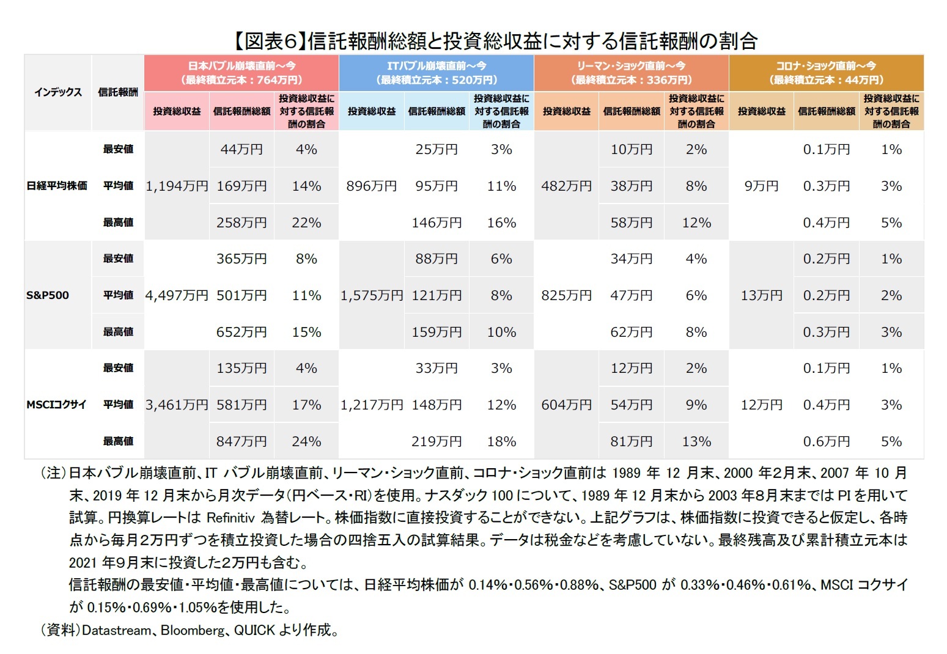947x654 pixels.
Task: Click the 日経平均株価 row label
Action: click(57, 186)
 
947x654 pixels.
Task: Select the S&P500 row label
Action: click(48, 295)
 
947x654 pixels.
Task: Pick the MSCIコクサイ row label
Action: click(56, 405)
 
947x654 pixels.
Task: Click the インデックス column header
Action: click(58, 92)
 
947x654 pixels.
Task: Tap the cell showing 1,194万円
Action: click(177, 186)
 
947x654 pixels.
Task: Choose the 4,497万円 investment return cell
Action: click(177, 295)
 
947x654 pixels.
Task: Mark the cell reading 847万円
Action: click(241, 441)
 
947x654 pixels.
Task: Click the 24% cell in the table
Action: click(306, 441)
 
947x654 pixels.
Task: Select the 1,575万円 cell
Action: click(372, 295)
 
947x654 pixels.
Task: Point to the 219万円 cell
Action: click(437, 441)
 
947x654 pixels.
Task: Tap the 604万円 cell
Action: click(566, 405)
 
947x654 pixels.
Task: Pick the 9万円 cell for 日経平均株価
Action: click(761, 186)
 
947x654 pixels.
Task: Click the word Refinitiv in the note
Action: click(230, 518)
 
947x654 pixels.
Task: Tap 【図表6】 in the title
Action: click(268, 41)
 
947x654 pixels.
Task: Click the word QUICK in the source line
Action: click(254, 630)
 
